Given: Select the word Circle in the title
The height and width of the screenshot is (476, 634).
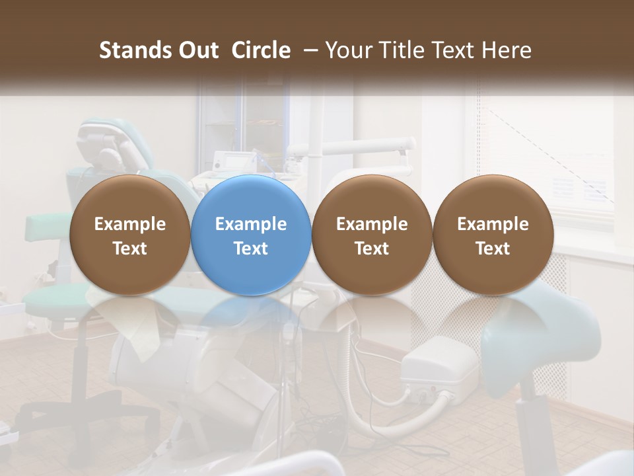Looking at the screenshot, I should pyautogui.click(x=261, y=50).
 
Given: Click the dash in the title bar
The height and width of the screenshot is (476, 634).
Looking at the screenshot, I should pyautogui.click(x=309, y=50).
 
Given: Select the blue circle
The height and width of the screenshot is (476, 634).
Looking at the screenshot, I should pyautogui.click(x=251, y=235).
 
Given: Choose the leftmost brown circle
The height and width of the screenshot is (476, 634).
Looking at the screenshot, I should pyautogui.click(x=130, y=235).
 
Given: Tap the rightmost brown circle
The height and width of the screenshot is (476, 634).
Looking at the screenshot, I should pyautogui.click(x=493, y=235).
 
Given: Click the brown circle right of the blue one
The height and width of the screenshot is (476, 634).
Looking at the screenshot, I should pyautogui.click(x=372, y=235).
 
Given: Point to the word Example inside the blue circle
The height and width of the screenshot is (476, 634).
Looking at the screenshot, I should pyautogui.click(x=251, y=224).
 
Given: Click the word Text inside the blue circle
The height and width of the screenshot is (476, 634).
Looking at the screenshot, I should pyautogui.click(x=251, y=249).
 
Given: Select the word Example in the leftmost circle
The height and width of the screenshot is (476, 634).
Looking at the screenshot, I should pyautogui.click(x=130, y=224).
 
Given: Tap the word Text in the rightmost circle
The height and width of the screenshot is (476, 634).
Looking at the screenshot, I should pyautogui.click(x=493, y=249).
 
